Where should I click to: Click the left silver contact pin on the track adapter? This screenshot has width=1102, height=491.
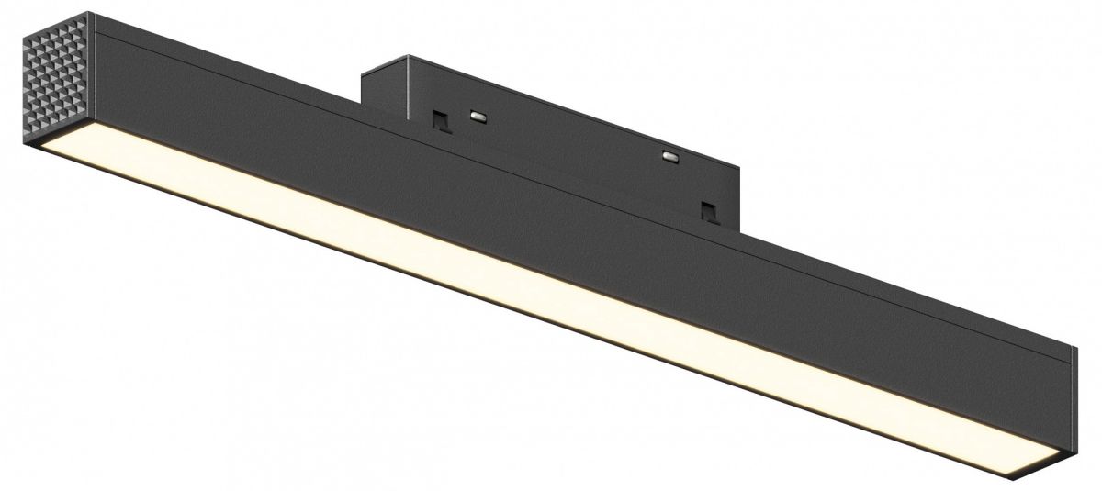[x=478, y=116]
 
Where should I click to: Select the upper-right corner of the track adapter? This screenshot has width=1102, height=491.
[x=741, y=167]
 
